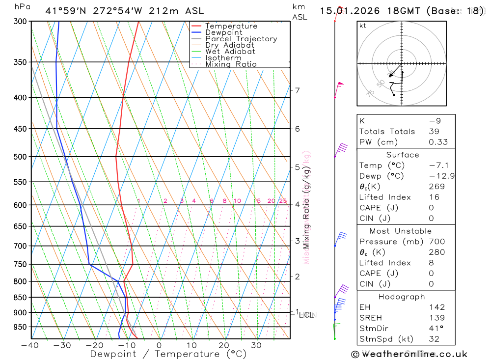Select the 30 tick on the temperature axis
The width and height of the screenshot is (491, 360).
(x=256, y=345)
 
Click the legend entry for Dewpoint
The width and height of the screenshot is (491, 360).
(x=223, y=32)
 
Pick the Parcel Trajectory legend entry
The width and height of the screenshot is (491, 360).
(x=241, y=39)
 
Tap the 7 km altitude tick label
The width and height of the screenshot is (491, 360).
(x=297, y=90)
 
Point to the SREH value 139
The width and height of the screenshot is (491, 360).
(x=437, y=318)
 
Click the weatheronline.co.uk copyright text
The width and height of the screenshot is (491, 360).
(x=409, y=354)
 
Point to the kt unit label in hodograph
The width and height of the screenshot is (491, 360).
(x=363, y=26)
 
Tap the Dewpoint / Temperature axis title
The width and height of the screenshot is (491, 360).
(x=168, y=354)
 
